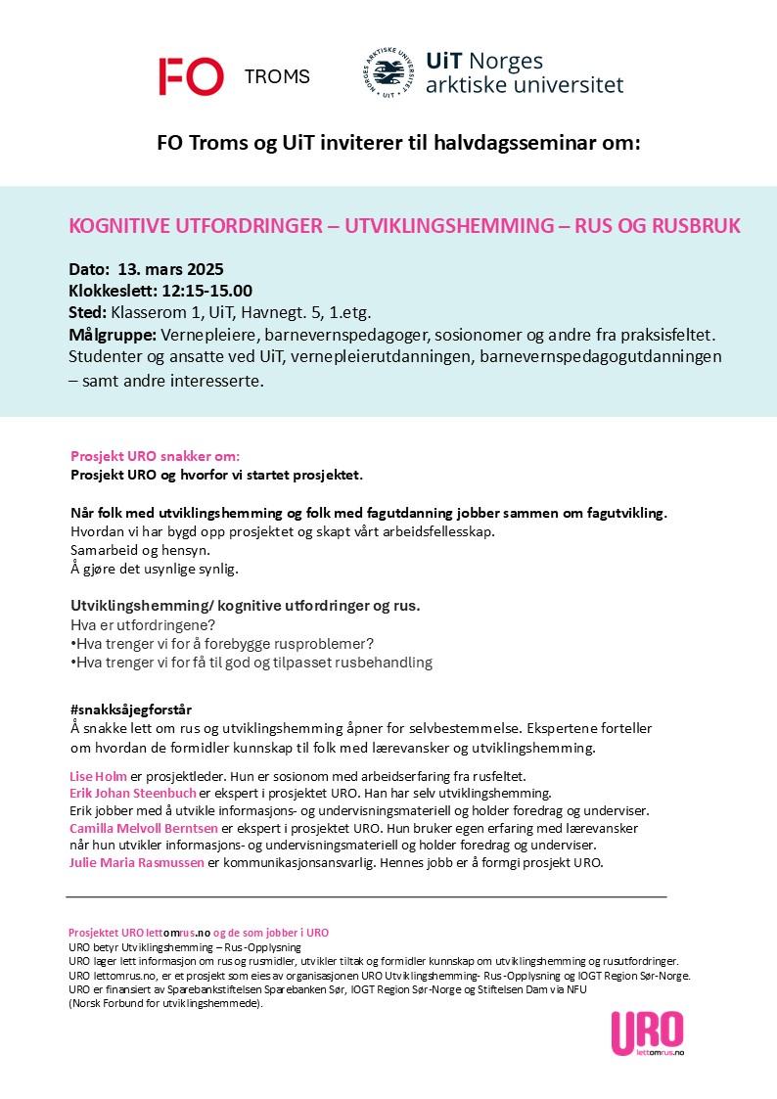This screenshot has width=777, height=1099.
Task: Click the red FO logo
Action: pyautogui.click(x=191, y=76)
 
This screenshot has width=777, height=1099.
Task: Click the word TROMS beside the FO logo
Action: pyautogui.click(x=276, y=77)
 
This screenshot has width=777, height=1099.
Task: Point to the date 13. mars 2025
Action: pyautogui.click(x=171, y=269)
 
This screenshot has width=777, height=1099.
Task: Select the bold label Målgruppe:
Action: pyautogui.click(x=113, y=335)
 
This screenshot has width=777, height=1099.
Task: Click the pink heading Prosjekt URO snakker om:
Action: pyautogui.click(x=155, y=456)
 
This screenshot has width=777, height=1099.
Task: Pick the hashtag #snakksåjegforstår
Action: pyautogui.click(x=138, y=709)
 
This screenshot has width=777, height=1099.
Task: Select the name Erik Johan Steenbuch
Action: pyautogui.click(x=133, y=793)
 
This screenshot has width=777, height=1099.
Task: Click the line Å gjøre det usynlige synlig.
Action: pyautogui.click(x=155, y=569)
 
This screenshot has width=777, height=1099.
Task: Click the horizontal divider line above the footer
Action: pyautogui.click(x=366, y=896)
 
